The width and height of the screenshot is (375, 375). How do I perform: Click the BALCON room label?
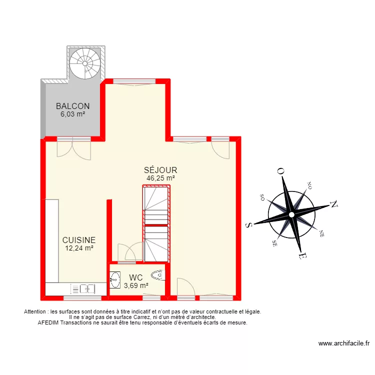[x=73, y=106]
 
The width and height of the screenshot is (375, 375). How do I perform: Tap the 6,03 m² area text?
[x=73, y=114]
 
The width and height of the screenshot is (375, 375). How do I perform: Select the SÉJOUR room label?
[x=160, y=170]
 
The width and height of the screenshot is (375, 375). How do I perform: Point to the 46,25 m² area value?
[x=160, y=178]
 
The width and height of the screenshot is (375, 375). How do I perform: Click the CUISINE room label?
[x=79, y=240]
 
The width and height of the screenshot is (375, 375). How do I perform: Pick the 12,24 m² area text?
[x=79, y=248]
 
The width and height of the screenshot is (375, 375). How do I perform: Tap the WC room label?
[x=136, y=277]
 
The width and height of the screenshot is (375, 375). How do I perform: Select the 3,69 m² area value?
[x=136, y=285]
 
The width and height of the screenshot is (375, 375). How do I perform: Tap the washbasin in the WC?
[x=115, y=279]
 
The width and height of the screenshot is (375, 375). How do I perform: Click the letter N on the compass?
[x=334, y=204]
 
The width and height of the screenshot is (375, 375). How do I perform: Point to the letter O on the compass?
[x=281, y=171]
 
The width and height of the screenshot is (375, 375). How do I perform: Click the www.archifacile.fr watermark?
[x=344, y=343]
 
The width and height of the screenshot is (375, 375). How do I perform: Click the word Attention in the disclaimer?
[x=35, y=311]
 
